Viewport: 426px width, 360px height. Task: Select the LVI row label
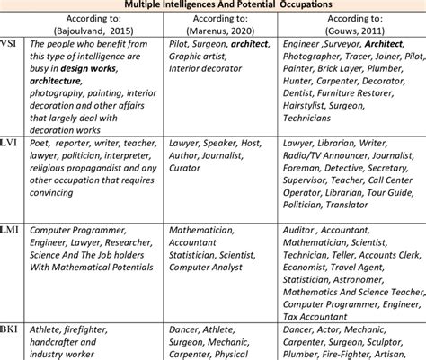coord(10,143)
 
